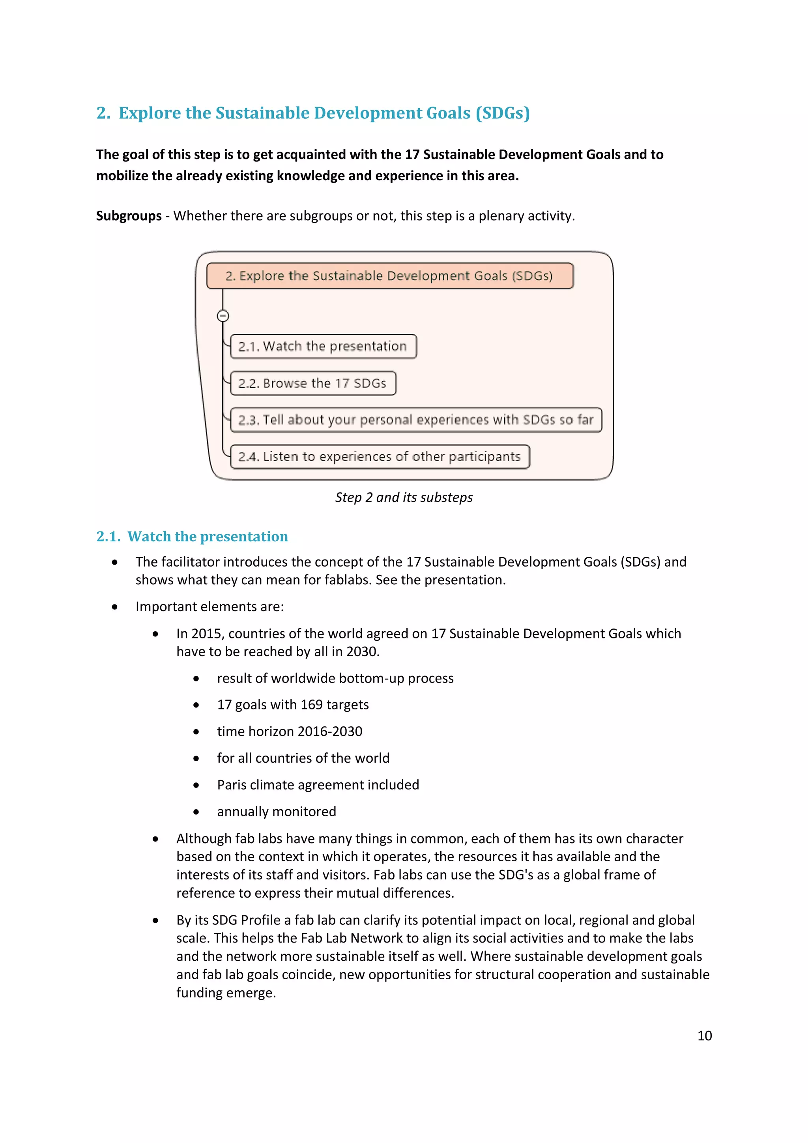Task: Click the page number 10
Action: [704, 1035]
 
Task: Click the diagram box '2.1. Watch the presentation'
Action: [323, 346]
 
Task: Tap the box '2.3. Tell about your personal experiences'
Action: [416, 420]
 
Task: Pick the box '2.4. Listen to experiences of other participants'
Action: [380, 457]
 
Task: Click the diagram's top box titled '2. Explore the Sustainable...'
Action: [389, 276]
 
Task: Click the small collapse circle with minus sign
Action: [223, 316]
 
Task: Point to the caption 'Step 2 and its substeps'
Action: [403, 497]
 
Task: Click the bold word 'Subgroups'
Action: [129, 215]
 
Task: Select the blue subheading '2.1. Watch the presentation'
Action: [192, 536]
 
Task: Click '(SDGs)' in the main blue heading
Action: [502, 113]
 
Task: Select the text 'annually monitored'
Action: [276, 812]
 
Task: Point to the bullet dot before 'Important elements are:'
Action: [115, 607]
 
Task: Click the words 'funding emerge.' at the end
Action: [226, 993]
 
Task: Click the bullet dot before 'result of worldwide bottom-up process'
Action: [196, 679]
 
